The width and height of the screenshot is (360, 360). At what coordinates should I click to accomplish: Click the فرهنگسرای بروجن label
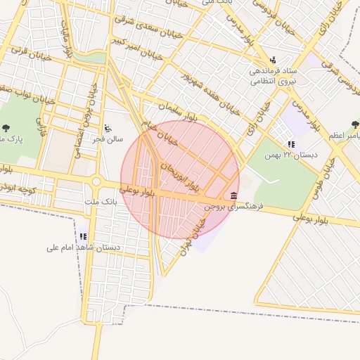coord(233,207)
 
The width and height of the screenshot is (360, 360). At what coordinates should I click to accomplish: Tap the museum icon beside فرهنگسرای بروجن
coord(233,195)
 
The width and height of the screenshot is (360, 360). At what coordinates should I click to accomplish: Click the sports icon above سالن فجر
coord(107,128)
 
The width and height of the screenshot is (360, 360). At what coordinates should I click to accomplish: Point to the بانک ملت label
coord(98,202)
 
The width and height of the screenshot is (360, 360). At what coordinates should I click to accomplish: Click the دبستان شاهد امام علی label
coord(83,247)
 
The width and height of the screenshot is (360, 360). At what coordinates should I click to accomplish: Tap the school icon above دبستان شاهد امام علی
coord(83,237)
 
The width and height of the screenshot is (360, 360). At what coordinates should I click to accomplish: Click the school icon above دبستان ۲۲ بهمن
coord(291,144)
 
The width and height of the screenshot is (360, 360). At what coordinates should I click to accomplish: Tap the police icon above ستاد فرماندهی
coord(273,60)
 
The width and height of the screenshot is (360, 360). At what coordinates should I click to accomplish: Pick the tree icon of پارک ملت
coord(6,128)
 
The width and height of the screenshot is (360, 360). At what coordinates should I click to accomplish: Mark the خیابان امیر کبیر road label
coord(140,46)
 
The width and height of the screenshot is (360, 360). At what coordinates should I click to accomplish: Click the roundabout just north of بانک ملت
coord(96,182)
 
